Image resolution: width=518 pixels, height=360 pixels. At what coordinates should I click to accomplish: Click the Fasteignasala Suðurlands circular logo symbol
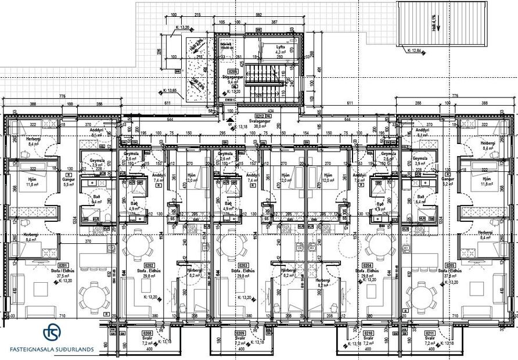pyautogui.click(x=52, y=333)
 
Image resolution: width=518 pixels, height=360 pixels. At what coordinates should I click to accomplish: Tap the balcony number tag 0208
pyautogui.click(x=148, y=333)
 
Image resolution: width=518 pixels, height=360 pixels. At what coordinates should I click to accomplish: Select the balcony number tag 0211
pyautogui.click(x=430, y=333)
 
